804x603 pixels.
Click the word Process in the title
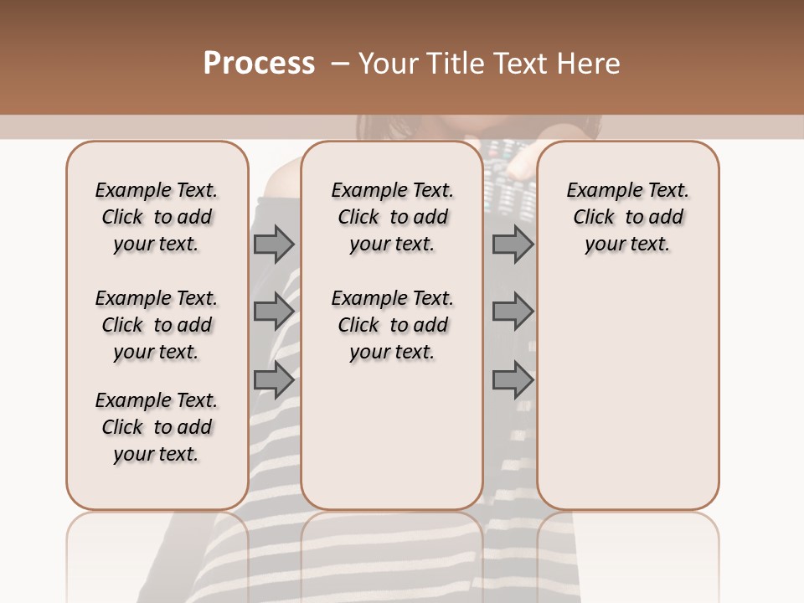tap(259, 64)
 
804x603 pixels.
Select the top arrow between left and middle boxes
tap(274, 245)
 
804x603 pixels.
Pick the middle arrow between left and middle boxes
tap(274, 312)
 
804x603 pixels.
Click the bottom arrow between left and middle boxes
tap(274, 379)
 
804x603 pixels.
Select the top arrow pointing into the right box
tap(513, 245)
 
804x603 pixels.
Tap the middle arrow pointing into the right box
tap(513, 312)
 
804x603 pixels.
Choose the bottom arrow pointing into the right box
tap(513, 379)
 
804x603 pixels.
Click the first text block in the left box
tap(157, 217)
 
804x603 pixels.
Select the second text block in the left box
tap(157, 325)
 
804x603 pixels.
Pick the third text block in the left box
tap(157, 427)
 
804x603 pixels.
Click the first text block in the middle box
tap(392, 217)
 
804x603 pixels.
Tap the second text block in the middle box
tap(392, 325)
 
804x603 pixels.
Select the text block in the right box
tap(628, 217)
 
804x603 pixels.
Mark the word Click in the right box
tap(594, 218)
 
